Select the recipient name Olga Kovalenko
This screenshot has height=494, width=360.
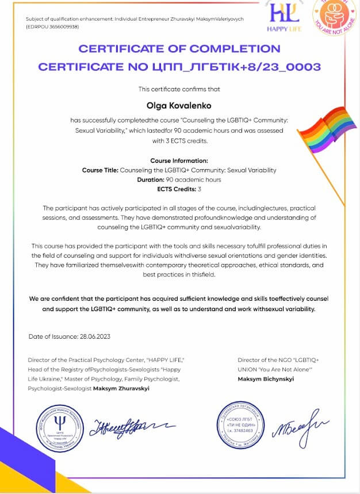coord(179,105)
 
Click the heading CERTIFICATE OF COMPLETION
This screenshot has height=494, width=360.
coord(179,49)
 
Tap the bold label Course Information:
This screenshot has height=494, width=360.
coord(179,160)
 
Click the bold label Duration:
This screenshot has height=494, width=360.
coord(152,179)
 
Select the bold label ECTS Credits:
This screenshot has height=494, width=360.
coord(175,188)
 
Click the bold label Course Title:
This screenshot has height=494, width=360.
coord(100,170)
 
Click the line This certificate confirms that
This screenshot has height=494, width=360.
coord(179,89)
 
